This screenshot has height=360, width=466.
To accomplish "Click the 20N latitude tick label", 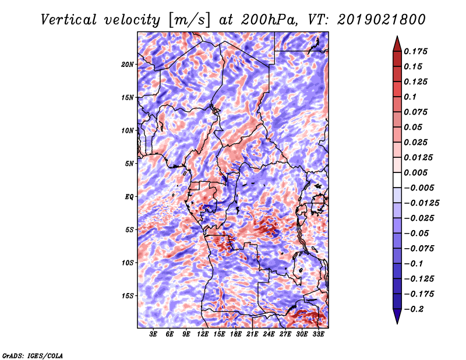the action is coord(127,65).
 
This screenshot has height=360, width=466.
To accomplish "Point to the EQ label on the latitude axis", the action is coord(129,197).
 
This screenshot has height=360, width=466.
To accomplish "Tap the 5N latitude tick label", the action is coord(129,164).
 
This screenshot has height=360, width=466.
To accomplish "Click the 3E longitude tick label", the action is coord(153,334).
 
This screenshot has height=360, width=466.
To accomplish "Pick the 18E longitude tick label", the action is coord(235,334).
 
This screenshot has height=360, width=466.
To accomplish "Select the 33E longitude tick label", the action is coord(318,334).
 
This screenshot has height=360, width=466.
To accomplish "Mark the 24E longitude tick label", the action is coord(269,334).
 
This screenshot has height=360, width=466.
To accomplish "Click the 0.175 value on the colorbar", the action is coord(415,51).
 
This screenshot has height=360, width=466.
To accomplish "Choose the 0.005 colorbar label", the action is coord(415,172).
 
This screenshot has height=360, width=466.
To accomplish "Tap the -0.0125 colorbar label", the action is coord(421,203).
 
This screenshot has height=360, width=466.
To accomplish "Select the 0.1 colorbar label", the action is coord(410,97).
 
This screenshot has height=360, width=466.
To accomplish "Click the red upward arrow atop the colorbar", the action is coord(397,44).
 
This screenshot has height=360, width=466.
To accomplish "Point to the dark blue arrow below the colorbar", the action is coord(397,316).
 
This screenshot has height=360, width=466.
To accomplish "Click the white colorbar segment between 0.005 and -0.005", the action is coord(397,180).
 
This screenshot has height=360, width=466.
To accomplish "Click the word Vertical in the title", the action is coord(69,20).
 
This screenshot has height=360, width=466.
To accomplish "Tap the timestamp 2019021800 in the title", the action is coord(382,20).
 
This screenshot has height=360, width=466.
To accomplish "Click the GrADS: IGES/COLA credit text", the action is coord(33,355).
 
